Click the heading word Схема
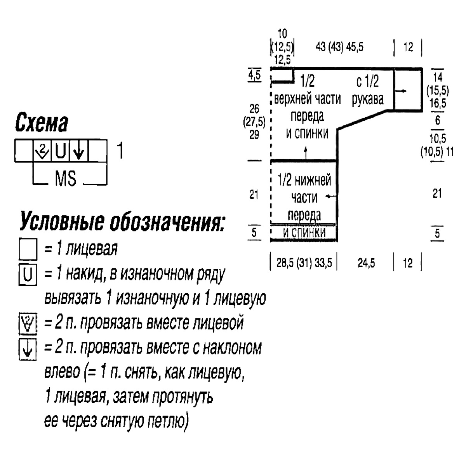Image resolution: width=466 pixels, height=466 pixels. click(42, 122)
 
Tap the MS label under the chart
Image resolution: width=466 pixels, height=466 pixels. click(66, 179)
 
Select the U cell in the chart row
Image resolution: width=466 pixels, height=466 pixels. click(61, 150)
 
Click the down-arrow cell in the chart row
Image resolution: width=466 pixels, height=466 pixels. click(79, 150)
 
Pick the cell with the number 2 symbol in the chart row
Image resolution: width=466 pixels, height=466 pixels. click(42, 150)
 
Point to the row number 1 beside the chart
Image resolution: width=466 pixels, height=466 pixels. click(120, 150)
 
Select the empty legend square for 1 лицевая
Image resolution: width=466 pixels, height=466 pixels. click(28, 249)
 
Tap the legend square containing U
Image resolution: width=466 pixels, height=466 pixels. click(28, 275)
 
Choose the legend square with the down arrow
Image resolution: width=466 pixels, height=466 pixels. click(28, 349)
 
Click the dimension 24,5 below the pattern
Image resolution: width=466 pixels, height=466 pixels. click(366, 263)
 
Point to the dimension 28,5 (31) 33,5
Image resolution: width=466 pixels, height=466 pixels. click(304, 263)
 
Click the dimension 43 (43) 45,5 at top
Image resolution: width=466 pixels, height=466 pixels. click(339, 47)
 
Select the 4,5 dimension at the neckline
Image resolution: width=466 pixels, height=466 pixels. click(255, 75)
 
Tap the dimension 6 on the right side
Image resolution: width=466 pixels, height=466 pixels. click(438, 120)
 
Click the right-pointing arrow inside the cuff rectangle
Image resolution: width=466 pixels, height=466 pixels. click(400, 91)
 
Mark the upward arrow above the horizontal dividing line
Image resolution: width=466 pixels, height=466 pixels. click(306, 153)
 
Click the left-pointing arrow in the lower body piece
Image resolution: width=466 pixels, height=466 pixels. click(331, 196)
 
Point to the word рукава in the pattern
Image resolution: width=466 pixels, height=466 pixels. click(368, 99)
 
